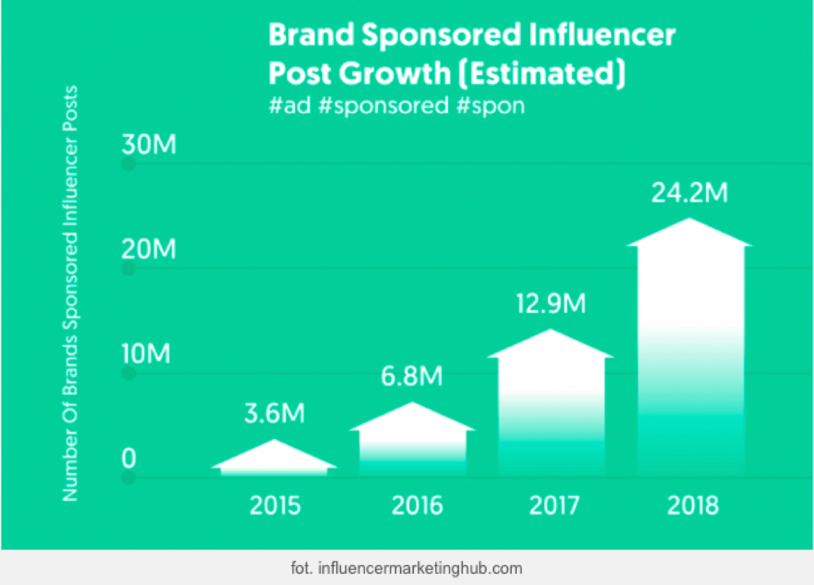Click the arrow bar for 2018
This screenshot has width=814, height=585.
point(689,346)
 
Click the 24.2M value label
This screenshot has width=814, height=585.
point(689,193)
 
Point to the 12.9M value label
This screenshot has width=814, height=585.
point(550,303)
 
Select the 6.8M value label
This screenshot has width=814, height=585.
point(412,377)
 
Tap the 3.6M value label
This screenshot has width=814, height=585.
point(274,414)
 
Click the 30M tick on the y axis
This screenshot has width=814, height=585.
point(149,145)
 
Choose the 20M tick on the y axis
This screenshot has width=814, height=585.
point(149,249)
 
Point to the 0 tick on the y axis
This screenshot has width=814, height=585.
point(130,459)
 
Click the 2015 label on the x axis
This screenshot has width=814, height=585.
point(275,506)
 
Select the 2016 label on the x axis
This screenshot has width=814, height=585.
point(417,506)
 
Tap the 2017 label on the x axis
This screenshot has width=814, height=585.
point(554,506)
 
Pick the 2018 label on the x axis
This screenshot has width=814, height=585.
point(693,506)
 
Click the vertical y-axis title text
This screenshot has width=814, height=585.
point(71,294)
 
